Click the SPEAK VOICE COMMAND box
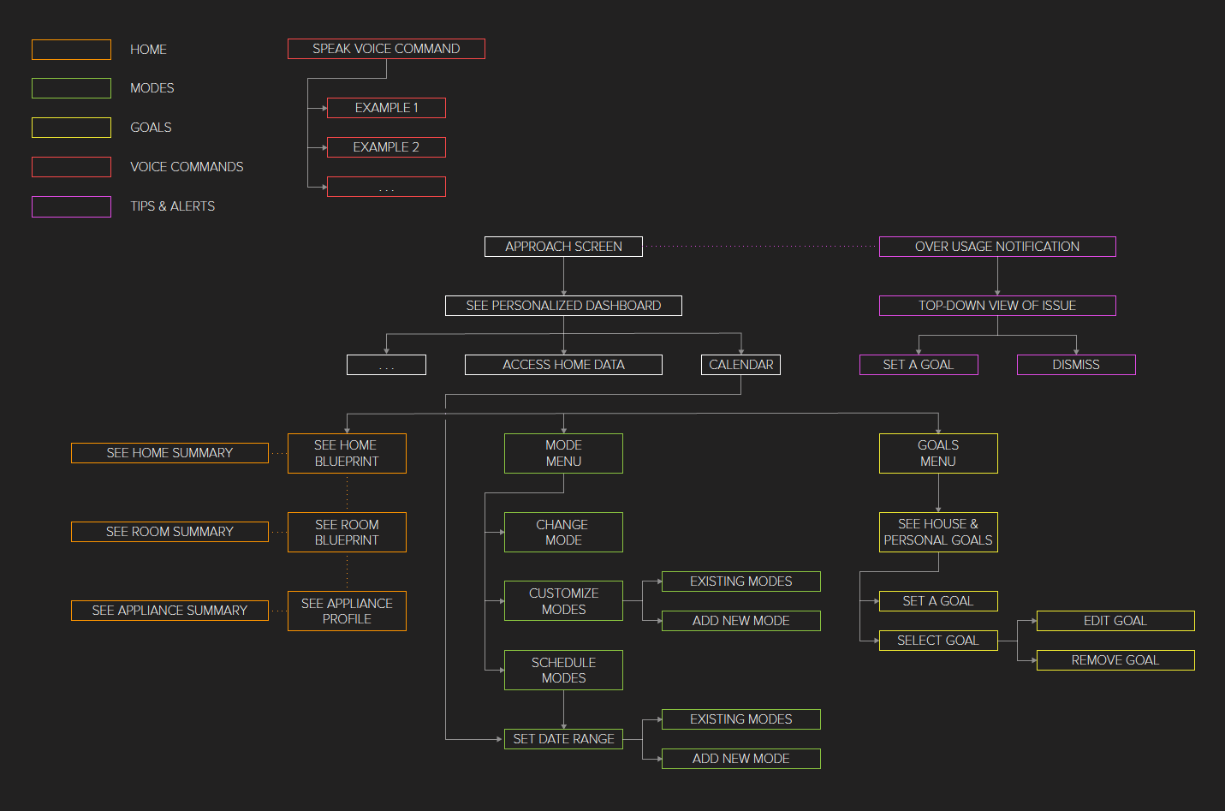(386, 49)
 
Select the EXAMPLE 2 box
(386, 147)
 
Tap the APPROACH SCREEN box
(563, 247)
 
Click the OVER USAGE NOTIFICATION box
(997, 247)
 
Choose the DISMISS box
(1076, 365)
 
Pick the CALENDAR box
(740, 365)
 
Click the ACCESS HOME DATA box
(563, 365)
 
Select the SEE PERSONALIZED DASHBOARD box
(563, 306)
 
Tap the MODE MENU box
(563, 453)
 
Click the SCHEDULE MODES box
(563, 670)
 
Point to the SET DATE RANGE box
(563, 739)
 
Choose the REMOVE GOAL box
(1115, 660)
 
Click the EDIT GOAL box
(1115, 621)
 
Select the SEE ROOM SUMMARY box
(169, 532)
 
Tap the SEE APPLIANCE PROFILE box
(347, 611)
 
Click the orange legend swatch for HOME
(71, 50)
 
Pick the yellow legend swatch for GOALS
(71, 128)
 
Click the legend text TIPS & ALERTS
(172, 206)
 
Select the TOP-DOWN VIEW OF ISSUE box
(997, 306)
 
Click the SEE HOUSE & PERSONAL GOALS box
(938, 532)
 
